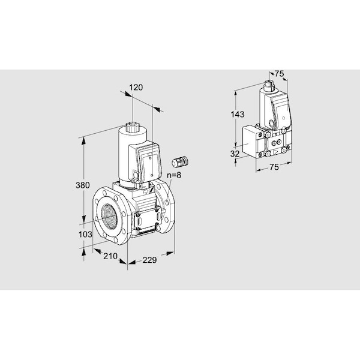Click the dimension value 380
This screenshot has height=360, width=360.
pos(83,185)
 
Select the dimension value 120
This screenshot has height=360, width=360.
pos(136,88)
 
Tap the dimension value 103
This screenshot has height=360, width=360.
pos(85,235)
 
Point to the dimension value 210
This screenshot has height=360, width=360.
pos(110,256)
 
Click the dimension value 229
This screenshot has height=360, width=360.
pos(149,260)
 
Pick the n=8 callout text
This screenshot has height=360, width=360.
pos(174,175)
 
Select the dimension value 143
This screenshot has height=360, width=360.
pos(238,115)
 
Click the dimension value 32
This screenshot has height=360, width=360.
pos(235,154)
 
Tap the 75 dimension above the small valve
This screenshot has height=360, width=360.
pos(280,74)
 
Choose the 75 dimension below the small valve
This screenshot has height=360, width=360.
pos(274,167)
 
